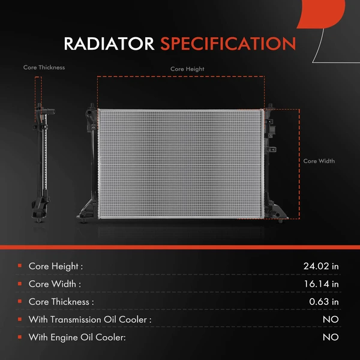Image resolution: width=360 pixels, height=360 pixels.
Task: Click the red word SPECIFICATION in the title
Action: click(x=228, y=44)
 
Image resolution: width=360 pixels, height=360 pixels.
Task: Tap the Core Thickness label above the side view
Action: click(x=44, y=68)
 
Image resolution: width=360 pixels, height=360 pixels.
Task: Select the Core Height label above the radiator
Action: click(x=187, y=69)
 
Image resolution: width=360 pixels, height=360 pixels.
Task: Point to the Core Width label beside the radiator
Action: click(x=319, y=161)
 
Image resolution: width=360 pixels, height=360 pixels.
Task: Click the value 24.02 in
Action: click(x=321, y=266)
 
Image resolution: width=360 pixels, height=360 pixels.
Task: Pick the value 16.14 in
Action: click(x=322, y=284)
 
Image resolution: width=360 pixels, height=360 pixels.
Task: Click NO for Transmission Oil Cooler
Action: click(x=331, y=319)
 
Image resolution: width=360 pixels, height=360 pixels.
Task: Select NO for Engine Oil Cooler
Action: click(x=331, y=337)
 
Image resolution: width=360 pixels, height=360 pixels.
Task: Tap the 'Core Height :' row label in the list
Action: click(x=56, y=266)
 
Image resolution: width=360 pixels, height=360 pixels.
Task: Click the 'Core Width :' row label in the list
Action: click(x=55, y=284)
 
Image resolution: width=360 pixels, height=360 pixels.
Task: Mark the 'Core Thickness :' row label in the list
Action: click(x=61, y=301)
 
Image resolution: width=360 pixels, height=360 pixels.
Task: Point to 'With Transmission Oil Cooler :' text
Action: click(x=90, y=319)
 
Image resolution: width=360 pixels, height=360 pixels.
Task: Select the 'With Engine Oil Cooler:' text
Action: click(x=77, y=337)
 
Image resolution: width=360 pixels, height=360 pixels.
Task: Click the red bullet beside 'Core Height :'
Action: click(x=20, y=266)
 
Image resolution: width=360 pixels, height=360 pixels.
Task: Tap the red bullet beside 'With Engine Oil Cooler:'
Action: click(x=20, y=337)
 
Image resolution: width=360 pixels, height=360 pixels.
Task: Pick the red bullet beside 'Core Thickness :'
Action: click(x=20, y=301)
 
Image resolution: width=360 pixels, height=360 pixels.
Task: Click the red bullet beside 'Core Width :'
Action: click(x=20, y=284)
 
